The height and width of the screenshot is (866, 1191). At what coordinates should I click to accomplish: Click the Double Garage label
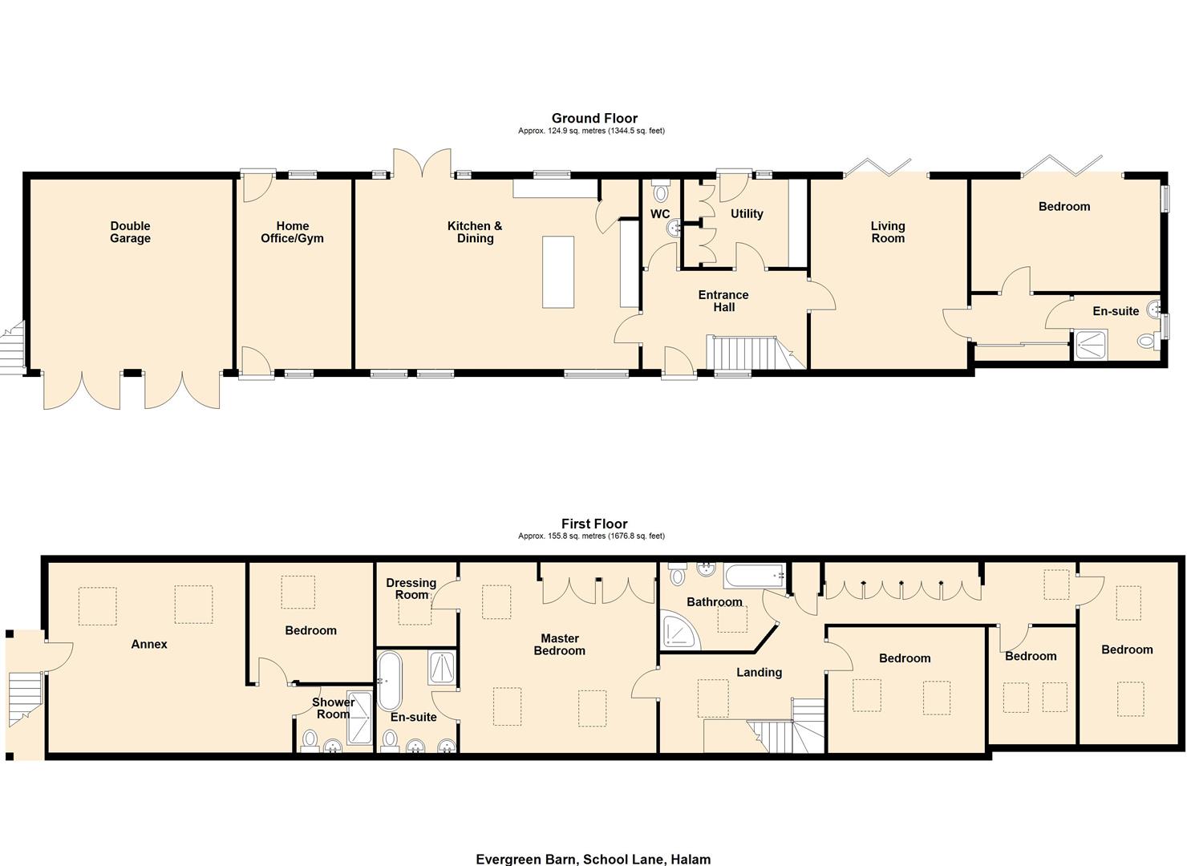(130, 233)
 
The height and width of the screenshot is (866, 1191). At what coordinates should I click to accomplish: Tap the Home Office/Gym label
(292, 233)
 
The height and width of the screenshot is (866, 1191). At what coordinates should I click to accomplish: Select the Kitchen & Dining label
(475, 233)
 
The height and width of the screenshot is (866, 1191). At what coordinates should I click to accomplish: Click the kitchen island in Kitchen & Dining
(558, 272)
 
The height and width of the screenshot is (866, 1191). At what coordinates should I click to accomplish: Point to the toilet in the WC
(661, 192)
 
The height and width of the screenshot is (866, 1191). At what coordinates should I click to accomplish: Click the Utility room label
(747, 214)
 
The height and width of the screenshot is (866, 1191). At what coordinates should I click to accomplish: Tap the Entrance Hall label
(723, 301)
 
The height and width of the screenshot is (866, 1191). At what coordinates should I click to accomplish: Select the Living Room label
(888, 233)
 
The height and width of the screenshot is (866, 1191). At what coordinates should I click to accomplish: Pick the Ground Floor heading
(594, 119)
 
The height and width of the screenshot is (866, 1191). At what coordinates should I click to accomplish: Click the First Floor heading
(594, 524)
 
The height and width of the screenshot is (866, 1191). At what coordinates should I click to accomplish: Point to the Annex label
(149, 644)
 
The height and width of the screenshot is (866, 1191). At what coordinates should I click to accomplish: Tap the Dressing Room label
(411, 589)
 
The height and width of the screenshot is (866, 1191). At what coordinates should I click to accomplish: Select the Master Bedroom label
(560, 645)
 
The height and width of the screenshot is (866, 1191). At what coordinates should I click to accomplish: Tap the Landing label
(759, 673)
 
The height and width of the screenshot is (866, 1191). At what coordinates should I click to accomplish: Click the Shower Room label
(333, 708)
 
